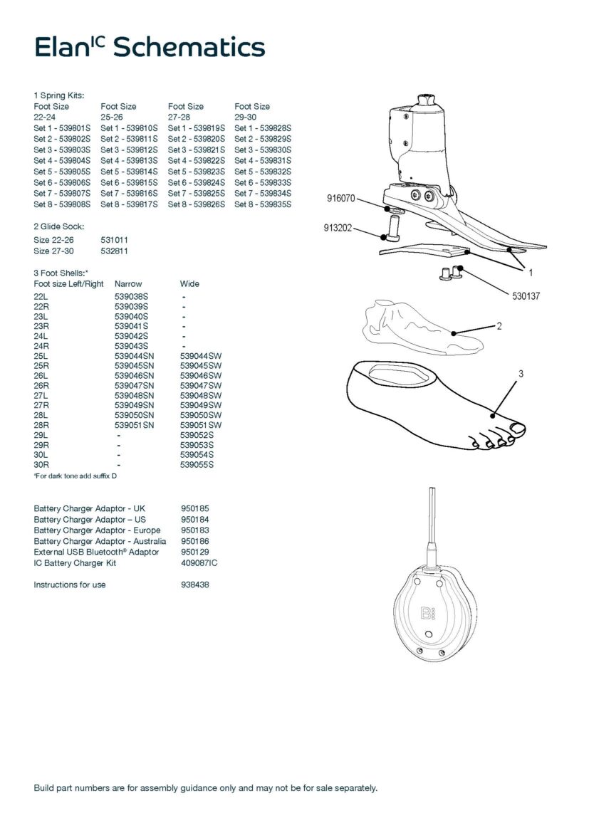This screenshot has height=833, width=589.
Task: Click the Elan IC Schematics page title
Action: click(150, 47)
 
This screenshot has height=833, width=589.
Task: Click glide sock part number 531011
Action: click(115, 241)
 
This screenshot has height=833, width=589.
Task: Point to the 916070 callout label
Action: click(340, 199)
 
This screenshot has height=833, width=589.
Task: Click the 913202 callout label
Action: click(337, 229)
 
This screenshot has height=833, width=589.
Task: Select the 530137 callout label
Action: click(526, 295)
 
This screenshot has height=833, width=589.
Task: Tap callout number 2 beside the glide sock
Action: click(499, 326)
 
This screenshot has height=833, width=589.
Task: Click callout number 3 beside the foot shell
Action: click(521, 373)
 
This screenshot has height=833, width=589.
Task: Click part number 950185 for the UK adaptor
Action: click(195, 509)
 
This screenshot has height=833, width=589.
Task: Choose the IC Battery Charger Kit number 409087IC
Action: click(199, 563)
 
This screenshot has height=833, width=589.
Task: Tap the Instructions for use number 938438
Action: click(195, 585)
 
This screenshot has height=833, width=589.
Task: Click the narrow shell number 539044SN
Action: click(134, 355)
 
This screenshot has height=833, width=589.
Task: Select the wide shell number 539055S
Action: click(197, 465)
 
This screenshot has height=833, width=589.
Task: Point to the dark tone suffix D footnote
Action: click(75, 476)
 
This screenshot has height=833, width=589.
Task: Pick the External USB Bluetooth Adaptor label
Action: click(96, 552)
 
